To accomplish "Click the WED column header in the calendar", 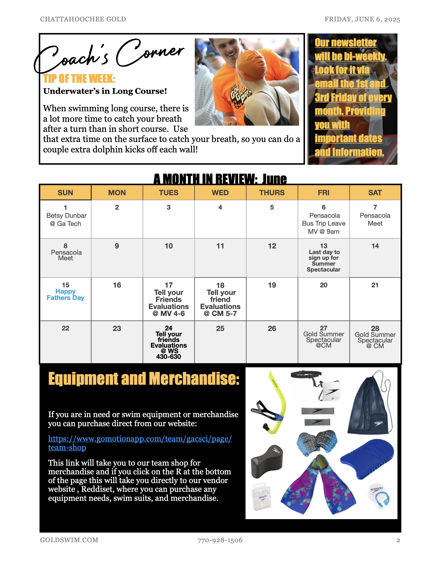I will [x=220, y=193].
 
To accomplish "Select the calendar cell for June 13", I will [x=324, y=258].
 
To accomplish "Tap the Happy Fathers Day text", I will [x=65, y=295].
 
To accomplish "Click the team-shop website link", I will [x=140, y=443].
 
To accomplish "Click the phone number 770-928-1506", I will [x=220, y=540].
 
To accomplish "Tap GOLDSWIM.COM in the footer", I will [x=69, y=540].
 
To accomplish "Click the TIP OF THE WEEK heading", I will [x=79, y=79].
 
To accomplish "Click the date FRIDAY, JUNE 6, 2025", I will [x=362, y=19].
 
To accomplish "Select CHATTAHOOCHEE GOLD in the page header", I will [x=83, y=19].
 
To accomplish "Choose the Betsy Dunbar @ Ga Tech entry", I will [x=66, y=219].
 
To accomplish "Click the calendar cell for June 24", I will [x=169, y=342].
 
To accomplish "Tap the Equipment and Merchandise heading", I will [x=144, y=379].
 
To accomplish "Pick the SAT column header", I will [x=375, y=193].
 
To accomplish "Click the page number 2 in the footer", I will [x=398, y=540].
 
